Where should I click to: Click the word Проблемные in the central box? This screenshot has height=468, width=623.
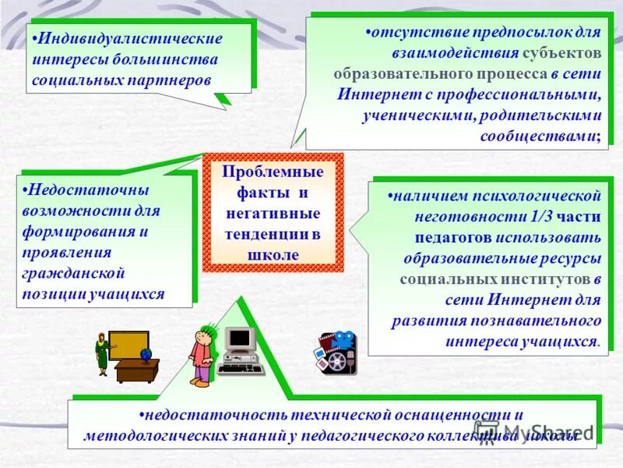pyautogui.click(x=273, y=171)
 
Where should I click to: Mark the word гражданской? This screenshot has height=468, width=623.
pyautogui.click(x=76, y=273)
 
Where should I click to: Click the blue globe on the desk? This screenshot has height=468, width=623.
pyautogui.click(x=146, y=353)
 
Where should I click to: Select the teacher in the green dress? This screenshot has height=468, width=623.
pyautogui.click(x=101, y=353)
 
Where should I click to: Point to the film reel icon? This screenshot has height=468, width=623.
pyautogui.click(x=337, y=360)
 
